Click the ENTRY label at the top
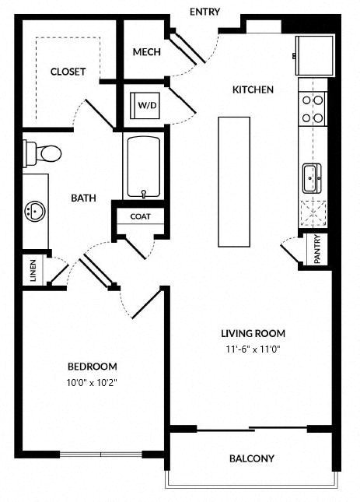(x=205, y=12)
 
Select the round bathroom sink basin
(x=35, y=211)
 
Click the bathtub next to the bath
(x=144, y=167)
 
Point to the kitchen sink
(x=312, y=178)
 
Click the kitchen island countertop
(x=234, y=182)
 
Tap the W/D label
(x=148, y=105)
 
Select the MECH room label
(x=147, y=52)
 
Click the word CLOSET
(x=68, y=72)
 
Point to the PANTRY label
(x=317, y=249)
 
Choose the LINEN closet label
(x=33, y=271)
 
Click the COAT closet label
(x=141, y=216)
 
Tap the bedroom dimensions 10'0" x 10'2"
(x=92, y=383)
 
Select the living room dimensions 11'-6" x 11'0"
(x=253, y=349)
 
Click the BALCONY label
(x=252, y=458)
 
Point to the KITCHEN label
(x=253, y=90)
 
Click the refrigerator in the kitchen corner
(x=315, y=55)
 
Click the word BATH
(x=83, y=198)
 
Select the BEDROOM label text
(x=92, y=367)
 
